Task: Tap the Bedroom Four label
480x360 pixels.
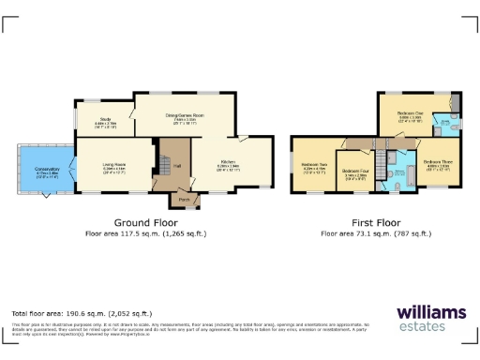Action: click(x=355, y=172)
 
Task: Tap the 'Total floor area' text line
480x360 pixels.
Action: click(x=82, y=313)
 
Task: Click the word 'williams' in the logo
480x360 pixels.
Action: click(x=429, y=312)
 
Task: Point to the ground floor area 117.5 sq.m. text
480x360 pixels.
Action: click(x=145, y=232)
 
